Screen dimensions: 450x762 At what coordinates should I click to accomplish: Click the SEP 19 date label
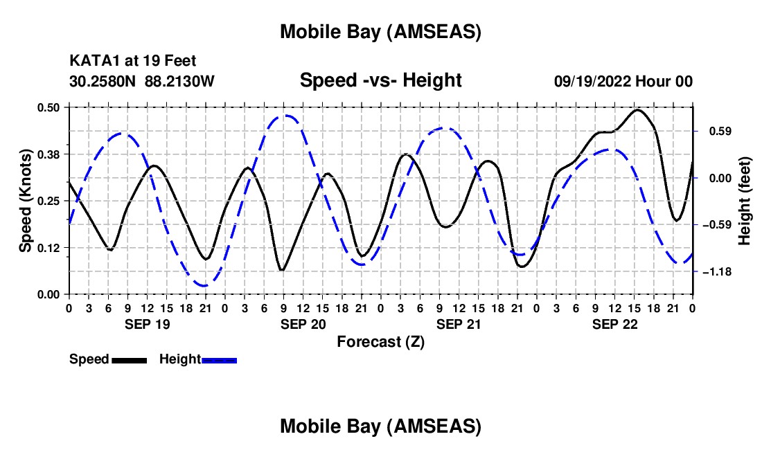pyautogui.click(x=146, y=324)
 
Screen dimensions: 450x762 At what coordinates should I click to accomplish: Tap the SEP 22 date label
pyautogui.click(x=614, y=324)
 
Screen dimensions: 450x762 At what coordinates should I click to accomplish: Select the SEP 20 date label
pyautogui.click(x=302, y=324)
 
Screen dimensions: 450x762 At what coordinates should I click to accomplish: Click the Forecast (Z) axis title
pyautogui.click(x=380, y=341)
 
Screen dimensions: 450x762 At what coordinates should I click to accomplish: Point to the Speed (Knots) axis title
pyautogui.click(x=26, y=201)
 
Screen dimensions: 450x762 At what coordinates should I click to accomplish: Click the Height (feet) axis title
pyautogui.click(x=745, y=201)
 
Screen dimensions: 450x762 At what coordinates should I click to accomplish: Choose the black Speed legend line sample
pyautogui.click(x=129, y=360)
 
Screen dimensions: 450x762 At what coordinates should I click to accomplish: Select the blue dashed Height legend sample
pyautogui.click(x=219, y=360)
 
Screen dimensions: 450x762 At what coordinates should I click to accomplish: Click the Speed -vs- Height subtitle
pyautogui.click(x=380, y=80)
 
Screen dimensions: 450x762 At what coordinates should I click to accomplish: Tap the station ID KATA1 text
pyautogui.click(x=90, y=62)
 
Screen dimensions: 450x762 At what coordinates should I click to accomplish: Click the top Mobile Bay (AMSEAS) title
pyautogui.click(x=380, y=31)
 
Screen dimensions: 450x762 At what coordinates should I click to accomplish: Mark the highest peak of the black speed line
pyautogui.click(x=637, y=109)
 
